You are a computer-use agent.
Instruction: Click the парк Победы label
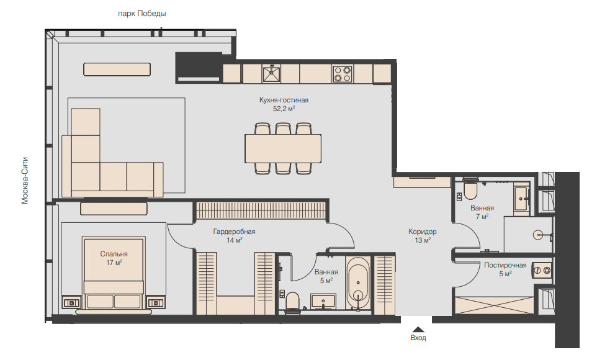(142, 14)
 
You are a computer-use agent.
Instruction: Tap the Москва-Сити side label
(25, 181)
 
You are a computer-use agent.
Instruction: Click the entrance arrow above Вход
(418, 330)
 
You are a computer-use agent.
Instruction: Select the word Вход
(418, 338)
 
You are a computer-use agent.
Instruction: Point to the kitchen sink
(271, 73)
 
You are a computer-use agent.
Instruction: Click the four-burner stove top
(343, 74)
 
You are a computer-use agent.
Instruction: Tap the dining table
(283, 148)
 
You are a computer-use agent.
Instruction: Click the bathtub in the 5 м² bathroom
(358, 284)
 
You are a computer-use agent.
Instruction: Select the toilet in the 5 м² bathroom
(293, 302)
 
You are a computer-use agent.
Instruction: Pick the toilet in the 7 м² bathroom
(470, 189)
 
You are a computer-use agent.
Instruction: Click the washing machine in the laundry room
(542, 270)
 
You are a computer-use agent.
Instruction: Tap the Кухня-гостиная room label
(284, 100)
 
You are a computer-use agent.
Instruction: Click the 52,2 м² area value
(284, 109)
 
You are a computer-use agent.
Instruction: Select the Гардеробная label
(234, 232)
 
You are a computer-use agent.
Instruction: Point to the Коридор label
(423, 232)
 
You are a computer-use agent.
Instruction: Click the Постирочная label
(505, 265)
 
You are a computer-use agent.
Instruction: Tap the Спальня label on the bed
(114, 254)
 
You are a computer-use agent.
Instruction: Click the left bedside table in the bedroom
(71, 302)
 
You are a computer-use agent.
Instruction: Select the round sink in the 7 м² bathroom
(539, 235)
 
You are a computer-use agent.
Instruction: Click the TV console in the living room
(117, 70)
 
